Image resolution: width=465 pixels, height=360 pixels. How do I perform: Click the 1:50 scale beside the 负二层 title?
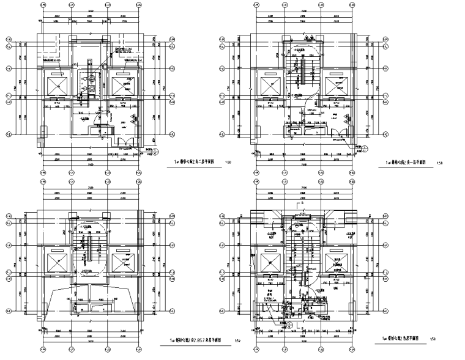(x=229, y=163)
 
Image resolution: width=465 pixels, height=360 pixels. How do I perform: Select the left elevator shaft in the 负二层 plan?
(x=58, y=84)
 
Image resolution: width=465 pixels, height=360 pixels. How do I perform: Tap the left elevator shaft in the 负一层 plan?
(x=269, y=84)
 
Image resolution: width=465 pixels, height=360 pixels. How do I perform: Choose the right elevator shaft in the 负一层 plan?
(x=335, y=84)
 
